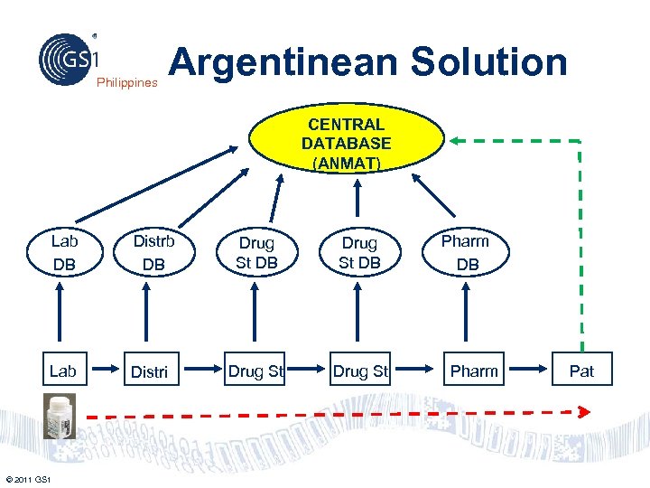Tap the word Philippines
tap(126, 82)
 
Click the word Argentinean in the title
tap(283, 61)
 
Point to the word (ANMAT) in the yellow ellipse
tap(347, 164)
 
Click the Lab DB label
tap(64, 253)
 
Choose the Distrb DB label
tap(153, 253)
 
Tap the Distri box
tap(150, 371)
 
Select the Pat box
tap(581, 371)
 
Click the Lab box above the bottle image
tap(62, 371)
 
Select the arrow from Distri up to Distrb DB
tap(146, 314)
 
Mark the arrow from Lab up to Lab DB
tap(60, 314)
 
